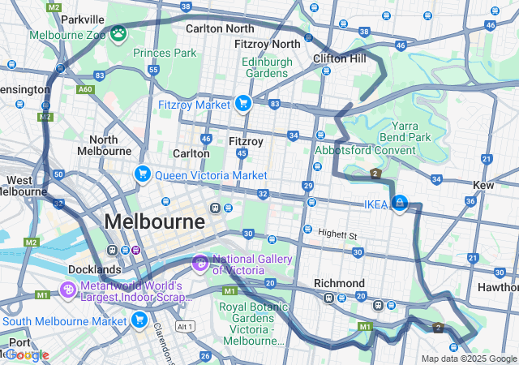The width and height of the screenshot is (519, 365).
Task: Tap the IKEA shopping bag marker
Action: click(399, 203)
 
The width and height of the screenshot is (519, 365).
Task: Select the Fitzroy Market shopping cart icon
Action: click(242, 104)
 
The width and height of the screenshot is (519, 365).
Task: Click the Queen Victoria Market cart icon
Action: click(142, 174)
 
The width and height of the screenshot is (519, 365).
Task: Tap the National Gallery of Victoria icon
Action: click(199, 264)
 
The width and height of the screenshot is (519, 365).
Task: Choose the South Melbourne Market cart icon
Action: click(139, 321)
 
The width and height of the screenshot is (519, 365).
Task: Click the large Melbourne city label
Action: click(154, 221)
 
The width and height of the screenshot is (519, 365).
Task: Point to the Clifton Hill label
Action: click(340, 58)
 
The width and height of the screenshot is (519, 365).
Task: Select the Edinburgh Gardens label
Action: click(264, 67)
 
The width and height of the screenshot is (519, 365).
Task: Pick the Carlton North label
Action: click(219, 28)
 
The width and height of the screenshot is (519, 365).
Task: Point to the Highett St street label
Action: click(337, 234)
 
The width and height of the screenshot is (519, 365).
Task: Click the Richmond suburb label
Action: click(339, 284)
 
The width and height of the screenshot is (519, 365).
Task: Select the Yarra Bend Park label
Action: click(410, 131)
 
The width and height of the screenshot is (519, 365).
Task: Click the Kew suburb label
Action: click(483, 186)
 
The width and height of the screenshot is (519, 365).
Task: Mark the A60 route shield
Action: click(85, 89)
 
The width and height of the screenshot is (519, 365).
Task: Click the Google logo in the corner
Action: click(28, 355)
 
